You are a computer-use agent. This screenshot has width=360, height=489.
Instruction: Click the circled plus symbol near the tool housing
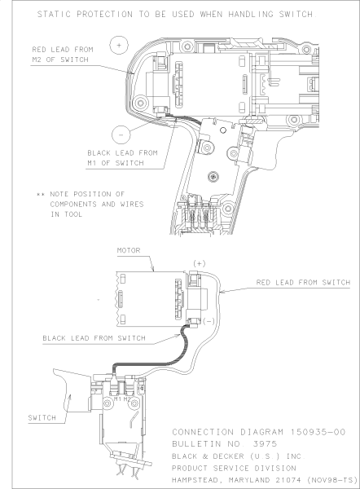[x=119, y=45]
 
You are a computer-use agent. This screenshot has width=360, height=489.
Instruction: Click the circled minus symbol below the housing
[x=121, y=134]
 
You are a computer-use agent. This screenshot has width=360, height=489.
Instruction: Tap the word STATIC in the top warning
[x=54, y=14]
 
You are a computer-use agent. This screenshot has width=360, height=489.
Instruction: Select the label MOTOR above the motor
[x=129, y=250]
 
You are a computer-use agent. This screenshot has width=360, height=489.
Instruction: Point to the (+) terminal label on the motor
[x=200, y=264]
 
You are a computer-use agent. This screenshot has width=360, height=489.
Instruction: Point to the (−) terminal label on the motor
[x=209, y=321]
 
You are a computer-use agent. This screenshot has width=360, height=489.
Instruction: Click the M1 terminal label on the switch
[x=117, y=399]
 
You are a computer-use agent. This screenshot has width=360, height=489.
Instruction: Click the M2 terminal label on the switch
[x=127, y=399]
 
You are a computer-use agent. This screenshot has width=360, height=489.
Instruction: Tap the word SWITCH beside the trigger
[x=42, y=417]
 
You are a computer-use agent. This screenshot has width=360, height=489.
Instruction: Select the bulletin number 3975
[x=265, y=444]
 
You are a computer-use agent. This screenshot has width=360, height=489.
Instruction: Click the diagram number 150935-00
[x=318, y=432]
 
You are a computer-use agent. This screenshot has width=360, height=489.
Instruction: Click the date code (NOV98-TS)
[x=332, y=480]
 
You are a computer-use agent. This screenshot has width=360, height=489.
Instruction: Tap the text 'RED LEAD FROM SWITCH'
[x=303, y=283]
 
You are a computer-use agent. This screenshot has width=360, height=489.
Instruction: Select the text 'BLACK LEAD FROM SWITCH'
[x=94, y=338]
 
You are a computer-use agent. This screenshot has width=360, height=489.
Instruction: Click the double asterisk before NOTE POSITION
[x=41, y=194]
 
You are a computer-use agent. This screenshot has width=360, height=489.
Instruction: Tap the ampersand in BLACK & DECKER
[x=205, y=456]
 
